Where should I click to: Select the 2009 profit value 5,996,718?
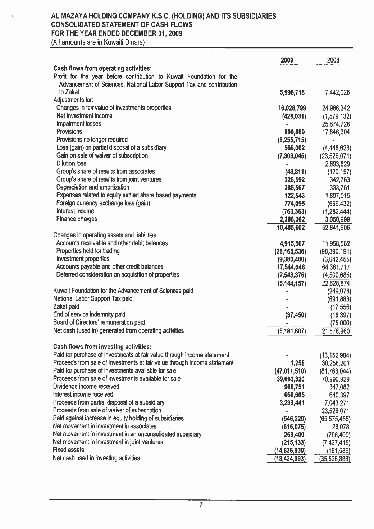click(292, 93)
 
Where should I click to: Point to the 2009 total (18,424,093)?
click(290, 459)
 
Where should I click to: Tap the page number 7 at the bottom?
click(201, 505)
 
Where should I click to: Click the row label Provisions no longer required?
click(92, 140)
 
